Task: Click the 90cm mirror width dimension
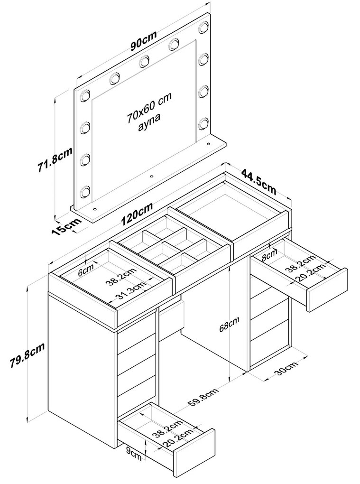(x=143, y=40)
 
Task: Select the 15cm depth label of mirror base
(x=67, y=226)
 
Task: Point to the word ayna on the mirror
(x=149, y=122)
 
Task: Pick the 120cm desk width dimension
(x=137, y=214)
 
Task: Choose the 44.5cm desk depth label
(x=258, y=181)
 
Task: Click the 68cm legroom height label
(x=230, y=324)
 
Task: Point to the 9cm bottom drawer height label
(x=134, y=455)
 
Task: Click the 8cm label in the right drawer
(x=269, y=256)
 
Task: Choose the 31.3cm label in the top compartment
(x=131, y=291)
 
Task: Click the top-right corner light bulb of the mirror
(x=203, y=27)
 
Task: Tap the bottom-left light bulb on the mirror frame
(x=84, y=191)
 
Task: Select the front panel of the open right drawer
(x=327, y=290)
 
